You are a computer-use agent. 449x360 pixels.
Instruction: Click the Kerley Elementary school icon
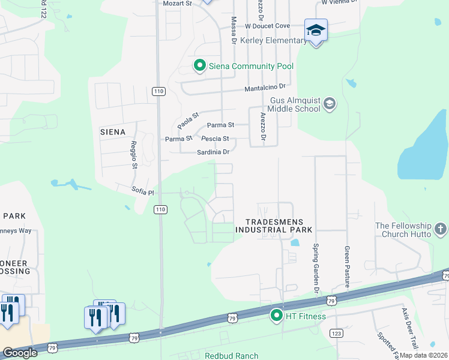pyautogui.click(x=316, y=30)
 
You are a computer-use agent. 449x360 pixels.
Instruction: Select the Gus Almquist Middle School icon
pyautogui.click(x=329, y=105)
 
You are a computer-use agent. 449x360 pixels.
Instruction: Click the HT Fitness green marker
pyautogui.click(x=277, y=315)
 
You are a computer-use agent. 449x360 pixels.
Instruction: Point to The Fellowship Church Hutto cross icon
pyautogui.click(x=440, y=229)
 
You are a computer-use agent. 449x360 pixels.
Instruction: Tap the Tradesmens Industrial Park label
pyautogui.click(x=274, y=226)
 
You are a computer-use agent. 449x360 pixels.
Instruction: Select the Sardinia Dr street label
pyautogui.click(x=214, y=152)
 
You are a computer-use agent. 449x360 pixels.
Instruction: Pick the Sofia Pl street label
pyautogui.click(x=143, y=192)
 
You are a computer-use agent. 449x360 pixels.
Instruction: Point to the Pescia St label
pyautogui.click(x=218, y=139)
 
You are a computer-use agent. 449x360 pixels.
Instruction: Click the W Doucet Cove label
pyautogui.click(x=267, y=26)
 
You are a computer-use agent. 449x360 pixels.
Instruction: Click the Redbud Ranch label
pyautogui.click(x=231, y=356)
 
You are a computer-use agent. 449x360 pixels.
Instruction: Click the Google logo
pyautogui.click(x=19, y=353)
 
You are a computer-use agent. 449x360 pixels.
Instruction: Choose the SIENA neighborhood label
pyautogui.click(x=113, y=132)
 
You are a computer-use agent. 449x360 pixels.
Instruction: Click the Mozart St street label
pyautogui.click(x=177, y=4)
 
